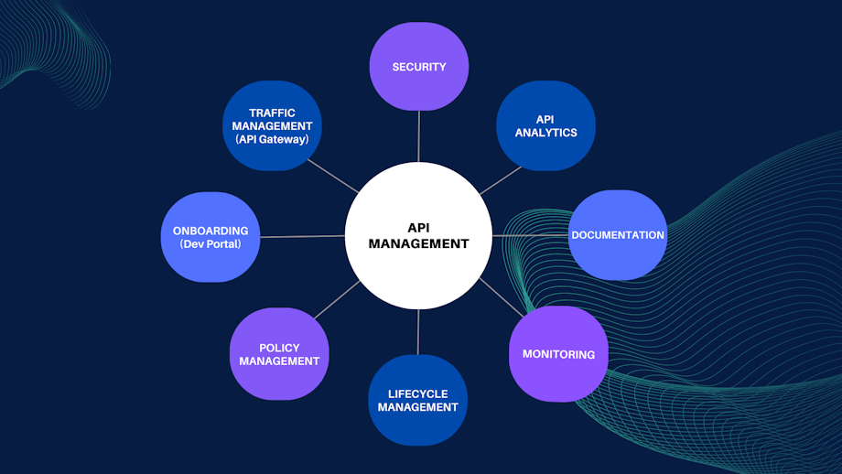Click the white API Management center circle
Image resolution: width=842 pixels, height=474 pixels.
click(418, 236)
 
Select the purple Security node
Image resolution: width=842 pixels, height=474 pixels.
click(418, 67)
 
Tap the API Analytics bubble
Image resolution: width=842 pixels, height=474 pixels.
click(545, 126)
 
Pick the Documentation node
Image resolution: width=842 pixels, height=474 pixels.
click(618, 235)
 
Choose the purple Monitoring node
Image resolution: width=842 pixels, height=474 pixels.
click(558, 354)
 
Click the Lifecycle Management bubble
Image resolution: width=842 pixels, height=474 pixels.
click(417, 400)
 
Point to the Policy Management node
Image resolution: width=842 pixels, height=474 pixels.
click(279, 354)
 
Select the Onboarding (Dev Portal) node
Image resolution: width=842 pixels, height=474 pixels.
click(210, 237)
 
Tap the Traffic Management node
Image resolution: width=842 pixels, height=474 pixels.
click(272, 126)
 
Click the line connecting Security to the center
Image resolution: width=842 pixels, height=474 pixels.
click(418, 137)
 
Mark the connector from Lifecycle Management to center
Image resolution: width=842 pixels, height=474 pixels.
click(418, 331)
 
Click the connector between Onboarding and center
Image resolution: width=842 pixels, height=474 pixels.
click(302, 236)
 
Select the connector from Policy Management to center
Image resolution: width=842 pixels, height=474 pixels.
click(335, 299)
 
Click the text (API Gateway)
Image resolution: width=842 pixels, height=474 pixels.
click(272, 139)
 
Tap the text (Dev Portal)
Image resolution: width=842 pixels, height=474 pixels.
click(210, 244)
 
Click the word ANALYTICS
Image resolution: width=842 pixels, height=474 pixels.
click(545, 133)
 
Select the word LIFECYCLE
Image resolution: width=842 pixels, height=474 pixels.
click(417, 393)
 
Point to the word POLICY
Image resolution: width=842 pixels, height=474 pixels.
click(279, 348)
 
